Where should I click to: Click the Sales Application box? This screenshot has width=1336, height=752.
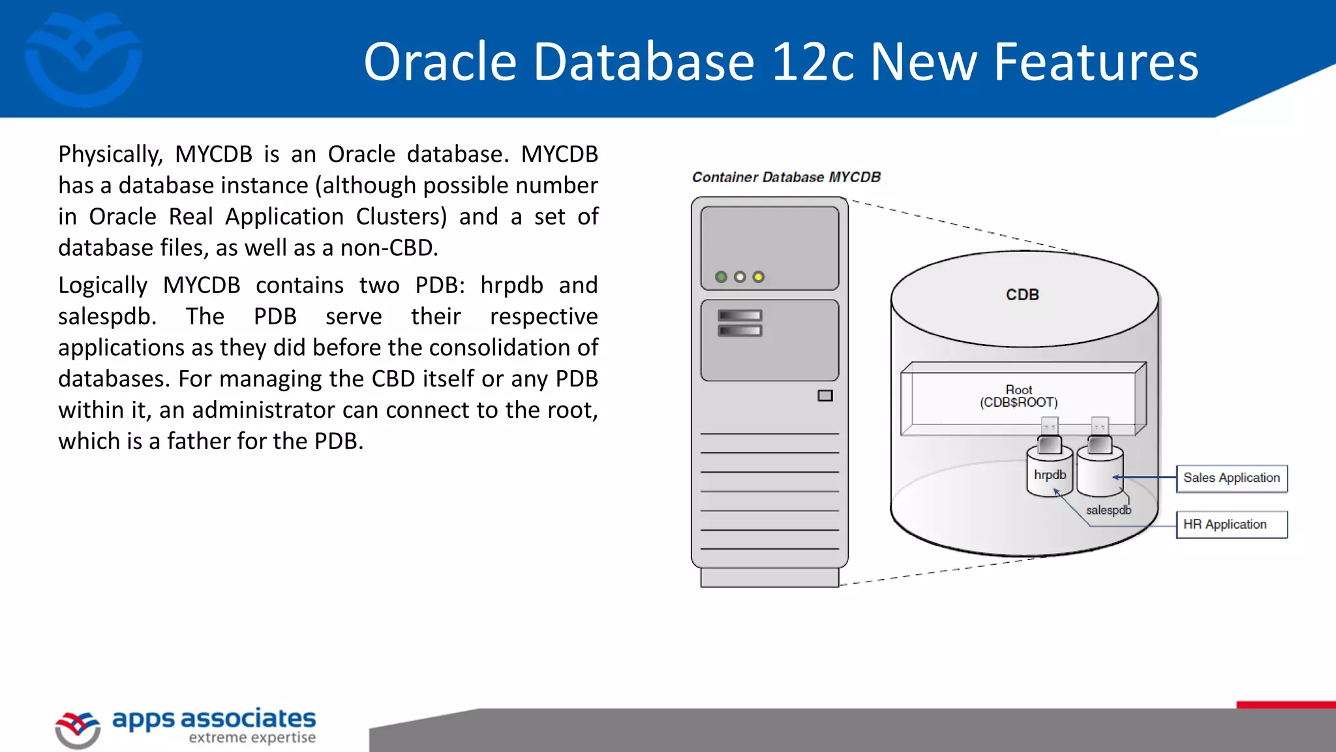coord(1231,478)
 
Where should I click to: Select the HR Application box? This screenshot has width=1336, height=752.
coord(1231,524)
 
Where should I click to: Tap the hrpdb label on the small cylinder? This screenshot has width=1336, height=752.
coord(1050,475)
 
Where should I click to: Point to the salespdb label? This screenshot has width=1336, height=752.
coord(1108,510)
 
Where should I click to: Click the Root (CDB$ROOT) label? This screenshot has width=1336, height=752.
coord(1018,396)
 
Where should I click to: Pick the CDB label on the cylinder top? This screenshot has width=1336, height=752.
coord(1022,294)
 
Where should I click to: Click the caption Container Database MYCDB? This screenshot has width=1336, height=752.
coord(786,177)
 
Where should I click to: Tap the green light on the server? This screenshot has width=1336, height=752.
coord(721,277)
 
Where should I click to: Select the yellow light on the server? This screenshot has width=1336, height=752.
coord(758,277)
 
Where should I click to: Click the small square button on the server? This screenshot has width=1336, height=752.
coord(825,396)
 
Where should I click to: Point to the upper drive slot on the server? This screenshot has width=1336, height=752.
coord(740,315)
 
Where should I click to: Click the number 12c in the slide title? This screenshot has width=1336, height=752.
coord(812,61)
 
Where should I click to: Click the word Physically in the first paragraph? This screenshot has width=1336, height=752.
coord(110,155)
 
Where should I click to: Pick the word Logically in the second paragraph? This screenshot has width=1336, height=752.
coord(103,285)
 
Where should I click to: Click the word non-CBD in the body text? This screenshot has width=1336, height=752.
coord(389,248)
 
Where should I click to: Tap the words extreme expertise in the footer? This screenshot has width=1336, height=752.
coord(252,738)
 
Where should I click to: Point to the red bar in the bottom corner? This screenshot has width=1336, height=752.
coord(1286,704)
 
